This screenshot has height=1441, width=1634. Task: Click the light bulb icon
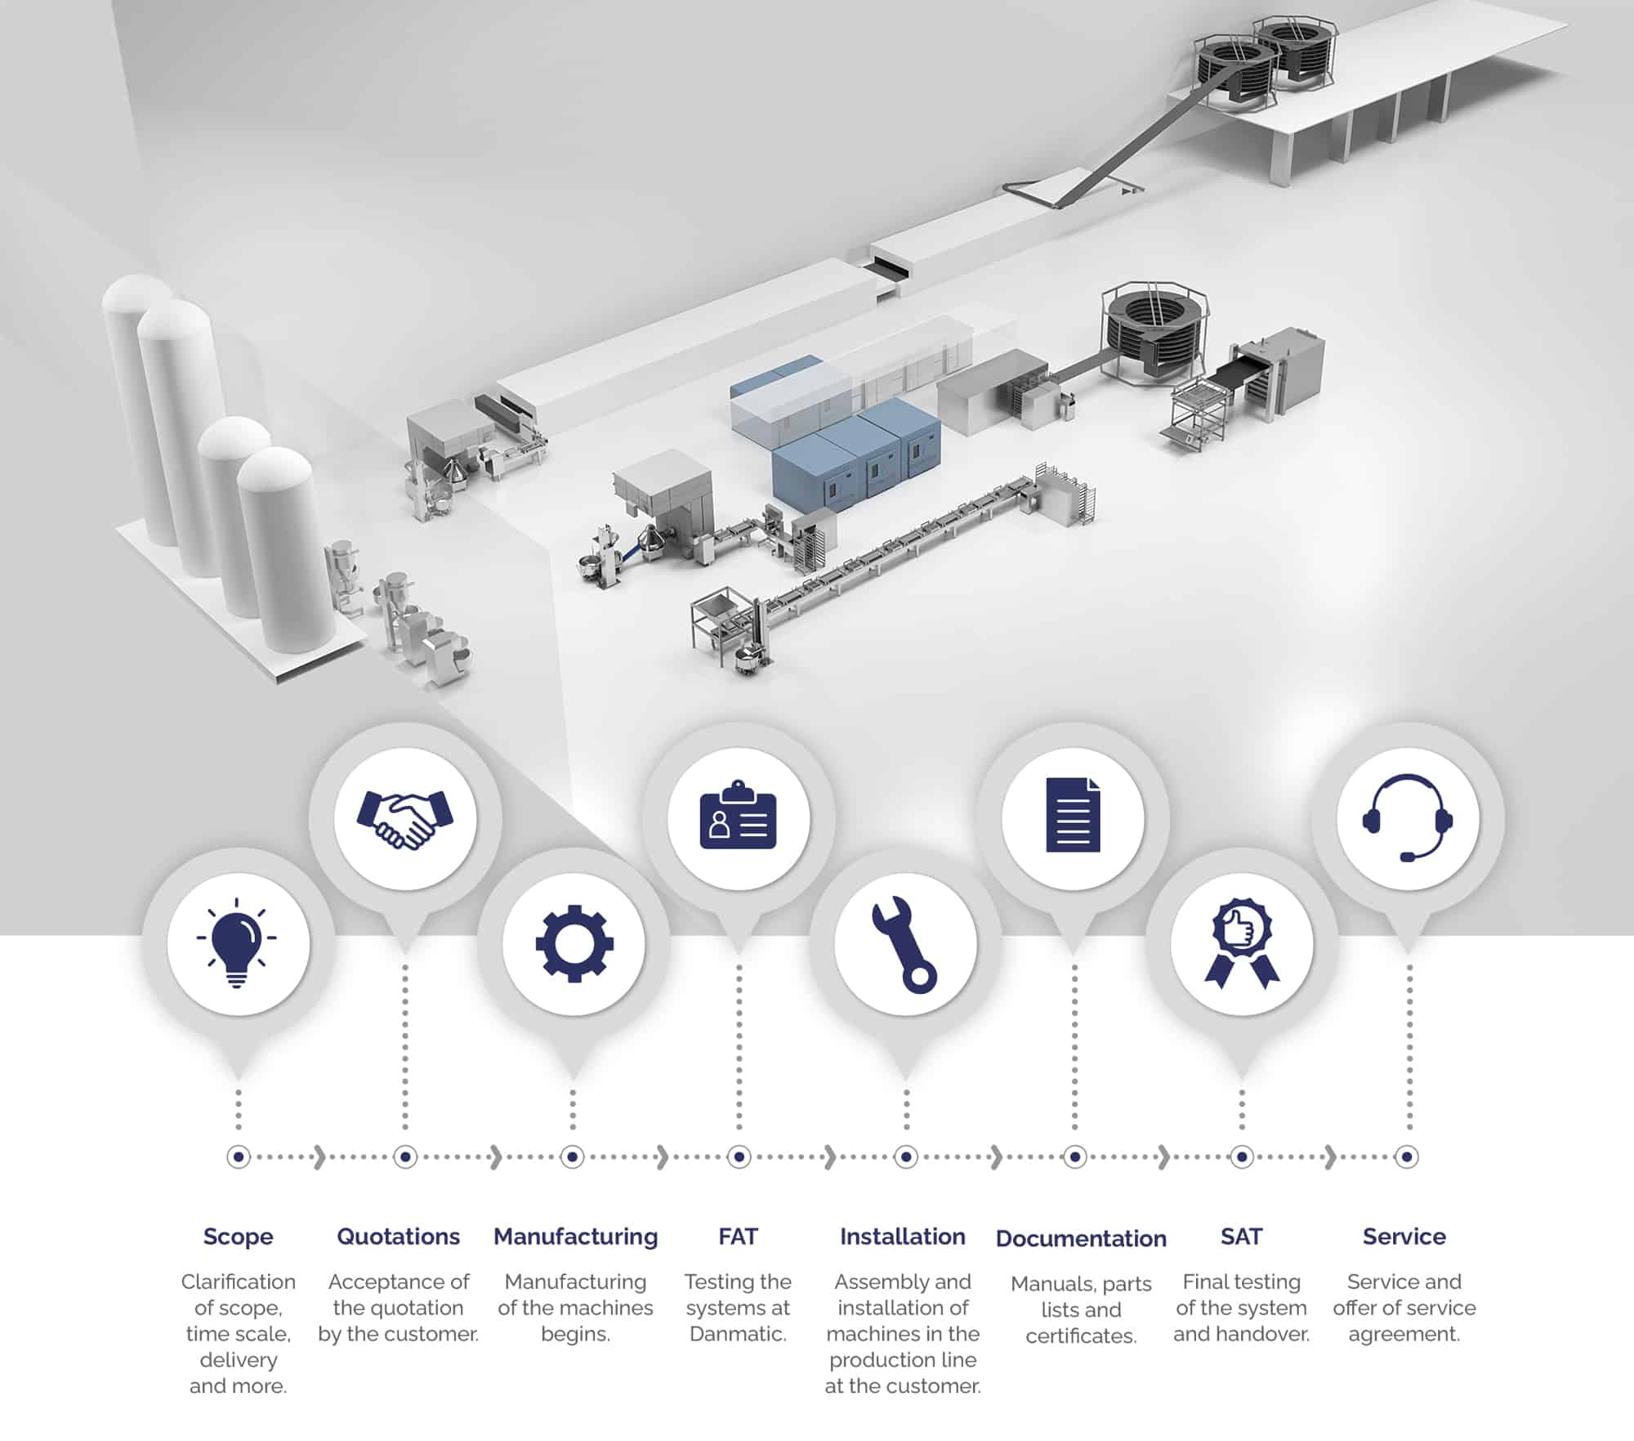[237, 942]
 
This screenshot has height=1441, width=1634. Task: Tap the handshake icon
[404, 818]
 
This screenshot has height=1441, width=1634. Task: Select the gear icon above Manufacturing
[574, 943]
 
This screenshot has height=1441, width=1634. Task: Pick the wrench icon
[904, 945]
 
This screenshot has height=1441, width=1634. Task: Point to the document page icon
[1073, 815]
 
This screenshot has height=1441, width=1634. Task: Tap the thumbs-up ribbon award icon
[1242, 944]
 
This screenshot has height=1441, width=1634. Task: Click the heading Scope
[238, 1237]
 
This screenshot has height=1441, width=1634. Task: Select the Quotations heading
[399, 1237]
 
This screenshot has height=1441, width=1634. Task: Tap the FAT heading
[739, 1237]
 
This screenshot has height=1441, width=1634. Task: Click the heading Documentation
[1081, 1238]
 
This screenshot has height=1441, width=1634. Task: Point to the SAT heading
[1242, 1237]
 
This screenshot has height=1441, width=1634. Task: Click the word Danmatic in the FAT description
[738, 1334]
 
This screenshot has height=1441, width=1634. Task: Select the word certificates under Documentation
[1081, 1336]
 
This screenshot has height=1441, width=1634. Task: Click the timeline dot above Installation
[905, 1157]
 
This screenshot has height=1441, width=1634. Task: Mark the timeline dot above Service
[1407, 1157]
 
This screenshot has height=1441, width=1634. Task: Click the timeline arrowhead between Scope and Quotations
[319, 1157]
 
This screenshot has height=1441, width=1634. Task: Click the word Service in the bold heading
[1404, 1237]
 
